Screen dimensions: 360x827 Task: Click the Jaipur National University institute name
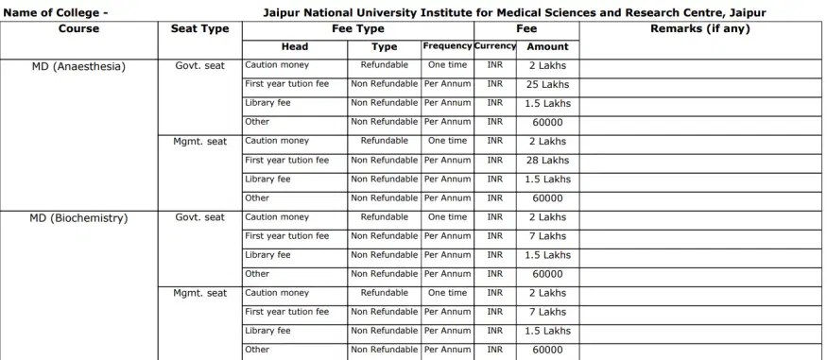[x=515, y=12]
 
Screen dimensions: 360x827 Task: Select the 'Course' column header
[x=78, y=29]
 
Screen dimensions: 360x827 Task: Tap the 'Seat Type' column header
[x=199, y=29]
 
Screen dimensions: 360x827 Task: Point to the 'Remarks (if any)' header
[x=700, y=29]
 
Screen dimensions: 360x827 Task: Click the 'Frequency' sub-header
[x=447, y=46]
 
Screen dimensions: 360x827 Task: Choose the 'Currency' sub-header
[x=494, y=46]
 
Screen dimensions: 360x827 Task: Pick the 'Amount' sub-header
[x=548, y=46]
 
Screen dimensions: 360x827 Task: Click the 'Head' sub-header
[x=295, y=46]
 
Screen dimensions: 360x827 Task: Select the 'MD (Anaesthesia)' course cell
[x=78, y=66]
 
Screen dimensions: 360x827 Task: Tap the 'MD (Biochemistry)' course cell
[x=78, y=217]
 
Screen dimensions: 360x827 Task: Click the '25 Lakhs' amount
[x=548, y=84]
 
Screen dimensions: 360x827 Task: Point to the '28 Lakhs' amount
[x=548, y=160]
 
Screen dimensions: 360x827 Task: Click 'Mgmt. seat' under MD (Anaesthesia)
[x=199, y=142]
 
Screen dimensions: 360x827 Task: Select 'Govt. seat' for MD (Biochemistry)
[x=199, y=217]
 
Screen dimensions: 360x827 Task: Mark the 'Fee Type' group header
[x=357, y=29]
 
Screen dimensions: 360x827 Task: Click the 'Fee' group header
[x=526, y=29]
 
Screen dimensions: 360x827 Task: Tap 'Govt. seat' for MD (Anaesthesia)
[x=199, y=66]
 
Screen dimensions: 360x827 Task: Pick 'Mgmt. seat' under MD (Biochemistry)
[x=199, y=293]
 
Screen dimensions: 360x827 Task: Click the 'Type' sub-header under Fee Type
[x=384, y=46]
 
